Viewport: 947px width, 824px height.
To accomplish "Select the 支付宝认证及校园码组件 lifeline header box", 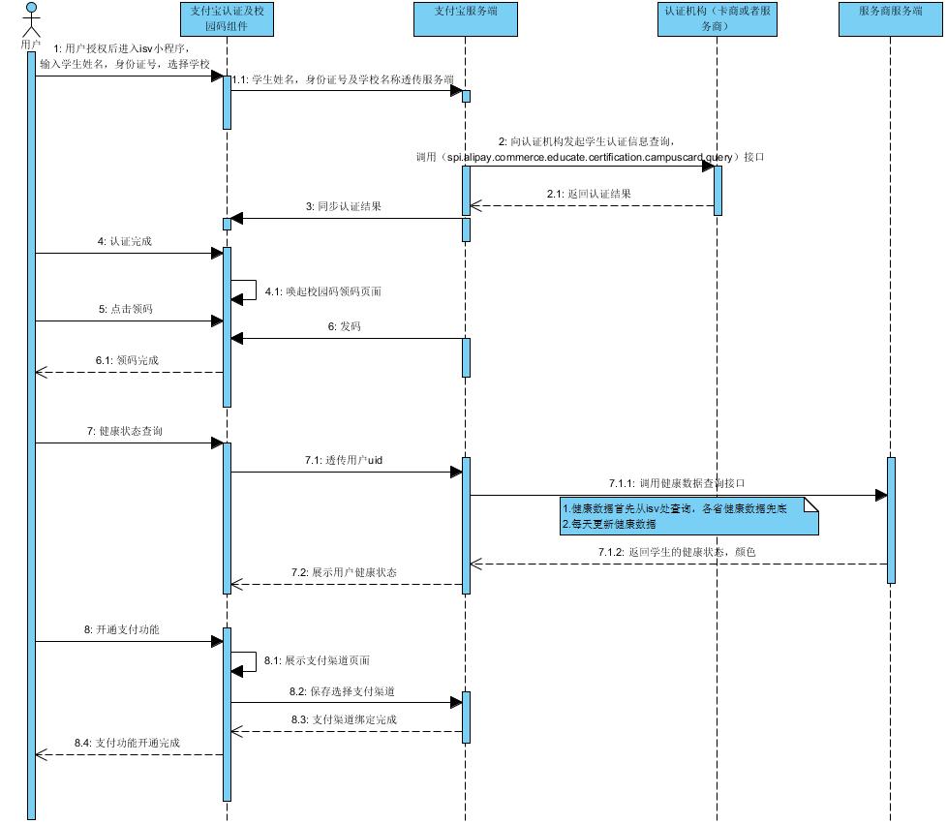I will [x=227, y=18].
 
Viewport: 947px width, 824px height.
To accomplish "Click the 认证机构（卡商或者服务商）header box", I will [x=718, y=18].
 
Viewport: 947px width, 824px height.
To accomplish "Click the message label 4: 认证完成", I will [x=125, y=242].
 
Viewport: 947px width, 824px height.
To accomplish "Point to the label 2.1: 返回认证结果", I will [x=588, y=194].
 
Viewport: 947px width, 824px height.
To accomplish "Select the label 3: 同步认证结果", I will [x=344, y=206].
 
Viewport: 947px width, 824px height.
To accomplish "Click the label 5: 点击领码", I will [x=125, y=309].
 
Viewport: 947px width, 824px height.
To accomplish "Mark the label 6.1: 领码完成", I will [x=127, y=360].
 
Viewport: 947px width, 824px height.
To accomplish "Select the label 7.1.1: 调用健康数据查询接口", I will [x=677, y=482].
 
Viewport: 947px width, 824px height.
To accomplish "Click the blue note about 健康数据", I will [x=687, y=516].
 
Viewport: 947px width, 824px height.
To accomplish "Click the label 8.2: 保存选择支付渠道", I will [x=347, y=692].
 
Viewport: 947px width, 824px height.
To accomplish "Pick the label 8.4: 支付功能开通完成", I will [x=127, y=743].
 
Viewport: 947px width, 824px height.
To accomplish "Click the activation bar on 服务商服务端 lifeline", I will [x=891, y=520].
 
